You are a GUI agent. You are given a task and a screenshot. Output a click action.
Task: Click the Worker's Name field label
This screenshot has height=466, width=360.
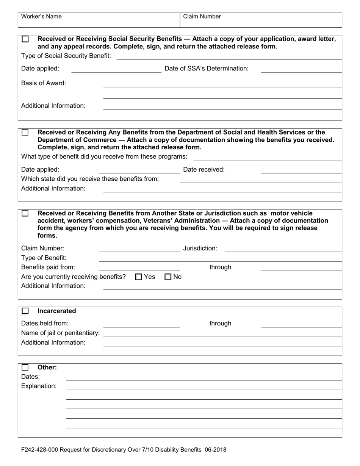click(41, 17)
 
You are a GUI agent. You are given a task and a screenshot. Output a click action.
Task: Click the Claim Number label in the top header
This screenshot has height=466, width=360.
click(202, 17)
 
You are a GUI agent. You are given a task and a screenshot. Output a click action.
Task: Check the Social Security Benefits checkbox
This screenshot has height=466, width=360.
click(25, 39)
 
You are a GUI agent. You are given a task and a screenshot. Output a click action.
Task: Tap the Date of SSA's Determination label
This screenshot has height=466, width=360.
click(207, 69)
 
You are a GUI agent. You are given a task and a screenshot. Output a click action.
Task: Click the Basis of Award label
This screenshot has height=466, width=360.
click(44, 83)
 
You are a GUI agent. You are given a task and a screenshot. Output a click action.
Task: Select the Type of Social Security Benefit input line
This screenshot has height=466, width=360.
click(229, 56)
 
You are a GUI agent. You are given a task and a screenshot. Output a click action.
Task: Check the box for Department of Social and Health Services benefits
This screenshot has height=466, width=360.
click(25, 133)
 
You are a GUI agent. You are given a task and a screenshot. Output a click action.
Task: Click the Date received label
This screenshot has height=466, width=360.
click(203, 170)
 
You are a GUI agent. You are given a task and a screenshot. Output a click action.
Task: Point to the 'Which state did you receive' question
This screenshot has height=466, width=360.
click(90, 179)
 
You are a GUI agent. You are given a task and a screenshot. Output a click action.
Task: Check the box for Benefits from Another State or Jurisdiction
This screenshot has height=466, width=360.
click(25, 213)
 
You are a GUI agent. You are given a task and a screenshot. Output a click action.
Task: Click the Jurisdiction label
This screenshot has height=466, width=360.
click(200, 249)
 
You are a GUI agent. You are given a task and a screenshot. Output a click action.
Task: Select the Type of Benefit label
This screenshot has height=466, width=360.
click(44, 258)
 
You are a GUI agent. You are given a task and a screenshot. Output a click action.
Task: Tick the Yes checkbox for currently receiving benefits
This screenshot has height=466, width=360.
click(139, 277)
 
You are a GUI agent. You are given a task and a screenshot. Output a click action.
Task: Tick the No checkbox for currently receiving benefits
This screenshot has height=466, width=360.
click(168, 277)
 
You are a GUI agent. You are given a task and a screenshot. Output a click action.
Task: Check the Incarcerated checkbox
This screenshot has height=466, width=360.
click(25, 311)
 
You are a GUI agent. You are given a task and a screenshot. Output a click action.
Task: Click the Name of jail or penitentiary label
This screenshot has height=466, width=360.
click(61, 333)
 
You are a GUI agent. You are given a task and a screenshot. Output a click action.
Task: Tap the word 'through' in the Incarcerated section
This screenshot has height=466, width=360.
click(220, 324)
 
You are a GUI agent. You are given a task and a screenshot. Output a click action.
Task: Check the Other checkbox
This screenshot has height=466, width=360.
click(25, 367)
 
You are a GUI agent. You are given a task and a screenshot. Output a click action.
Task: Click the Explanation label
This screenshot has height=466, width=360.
click(39, 386)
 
